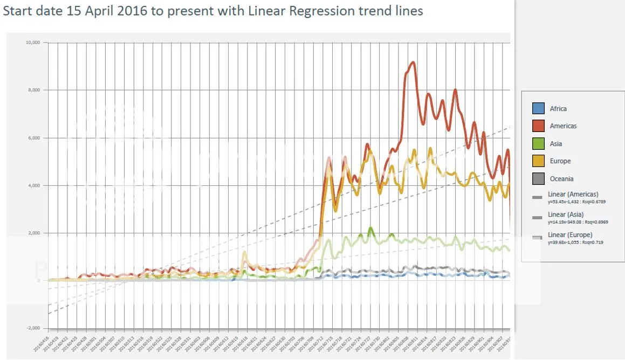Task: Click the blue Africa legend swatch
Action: tap(538, 108)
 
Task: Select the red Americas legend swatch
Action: tap(538, 126)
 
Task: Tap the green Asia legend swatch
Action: tap(538, 144)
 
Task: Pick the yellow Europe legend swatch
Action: tap(538, 161)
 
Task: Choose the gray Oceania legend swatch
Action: tap(538, 179)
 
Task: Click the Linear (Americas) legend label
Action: tap(573, 194)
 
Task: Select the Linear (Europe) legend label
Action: tap(570, 235)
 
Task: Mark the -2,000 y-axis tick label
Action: tap(33, 328)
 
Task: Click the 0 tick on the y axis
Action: tap(39, 281)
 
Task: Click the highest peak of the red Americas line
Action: tap(413, 63)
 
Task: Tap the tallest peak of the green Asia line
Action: tap(370, 229)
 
